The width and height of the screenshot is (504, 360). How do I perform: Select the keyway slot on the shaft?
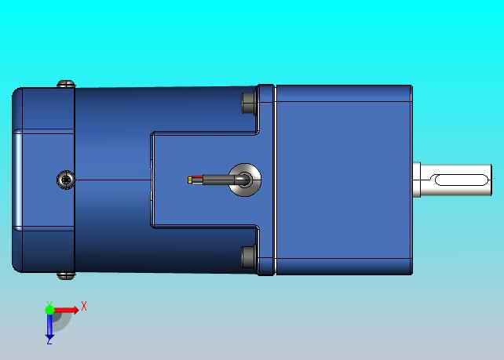[462, 180]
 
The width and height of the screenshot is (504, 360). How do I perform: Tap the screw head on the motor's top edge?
[66, 84]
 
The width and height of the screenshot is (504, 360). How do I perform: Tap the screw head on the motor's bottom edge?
[66, 275]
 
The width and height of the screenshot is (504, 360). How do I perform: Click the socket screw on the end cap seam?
[66, 180]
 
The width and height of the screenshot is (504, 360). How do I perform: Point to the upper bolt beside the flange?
[249, 102]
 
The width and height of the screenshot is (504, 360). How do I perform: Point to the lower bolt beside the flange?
[249, 257]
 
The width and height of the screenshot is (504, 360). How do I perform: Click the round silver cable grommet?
[245, 180]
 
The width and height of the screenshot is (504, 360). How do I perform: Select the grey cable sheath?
[222, 180]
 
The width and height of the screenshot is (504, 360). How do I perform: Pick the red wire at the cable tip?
[197, 176]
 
